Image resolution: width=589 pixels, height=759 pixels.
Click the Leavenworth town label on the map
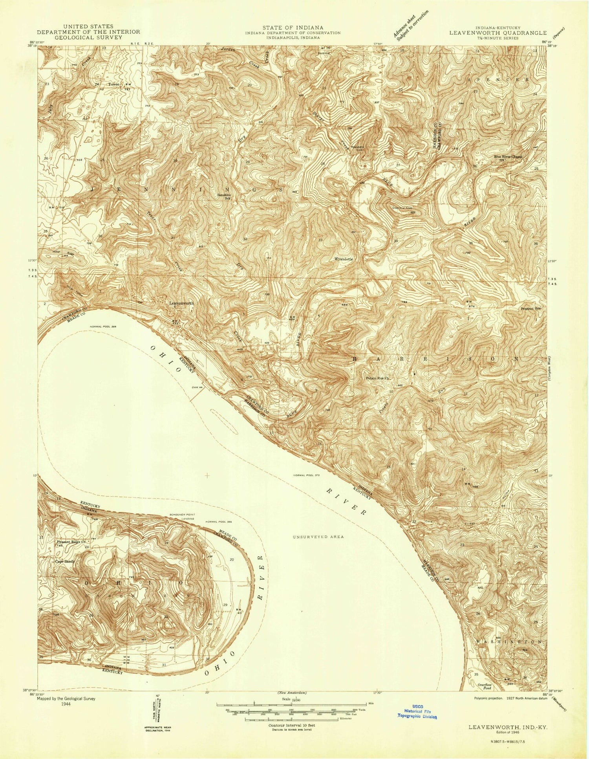pyautogui.click(x=181, y=303)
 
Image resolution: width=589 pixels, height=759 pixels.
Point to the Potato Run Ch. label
pyautogui.click(x=377, y=379)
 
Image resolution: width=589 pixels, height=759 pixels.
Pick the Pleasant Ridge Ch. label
pyautogui.click(x=71, y=542)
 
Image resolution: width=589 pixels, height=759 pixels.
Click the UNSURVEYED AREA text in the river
pyautogui.click(x=318, y=537)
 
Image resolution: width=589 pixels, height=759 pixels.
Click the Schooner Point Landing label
pyautogui.click(x=182, y=517)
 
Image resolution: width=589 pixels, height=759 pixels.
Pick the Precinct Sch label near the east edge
pyautogui.click(x=531, y=308)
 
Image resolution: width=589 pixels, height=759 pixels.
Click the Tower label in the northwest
pyautogui.click(x=114, y=84)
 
